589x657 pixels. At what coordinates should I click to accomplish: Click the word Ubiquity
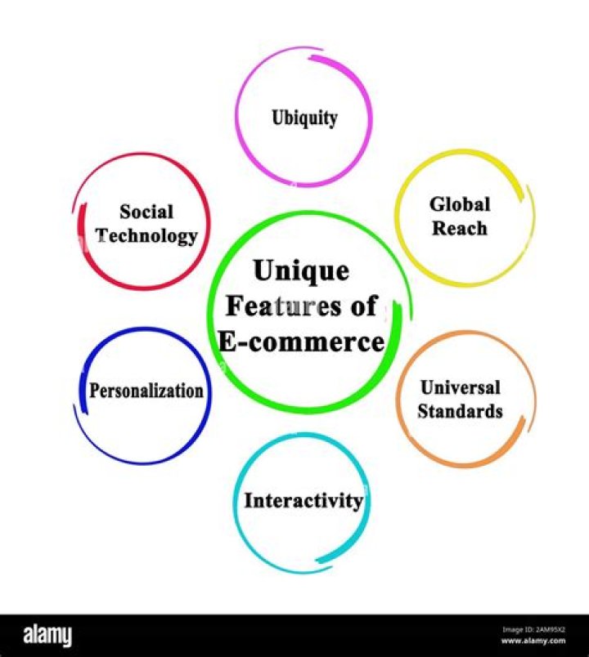pos(304,118)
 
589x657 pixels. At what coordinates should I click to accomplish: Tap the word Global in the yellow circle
pos(460,204)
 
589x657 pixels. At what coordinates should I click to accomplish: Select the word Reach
pos(460,228)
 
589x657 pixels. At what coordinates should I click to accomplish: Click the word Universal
pos(460,387)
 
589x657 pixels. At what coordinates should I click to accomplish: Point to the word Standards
pos(460,410)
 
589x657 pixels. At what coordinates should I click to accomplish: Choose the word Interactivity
pos(303,500)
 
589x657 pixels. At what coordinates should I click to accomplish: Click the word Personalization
pos(146,391)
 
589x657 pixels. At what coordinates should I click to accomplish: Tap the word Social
pos(146,212)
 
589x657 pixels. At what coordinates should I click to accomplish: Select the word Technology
pos(146,236)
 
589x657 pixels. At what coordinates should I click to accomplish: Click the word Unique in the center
pos(301,270)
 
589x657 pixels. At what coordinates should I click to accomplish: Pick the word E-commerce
pos(303,342)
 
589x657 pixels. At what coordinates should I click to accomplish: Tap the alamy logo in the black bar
pos(47,635)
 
